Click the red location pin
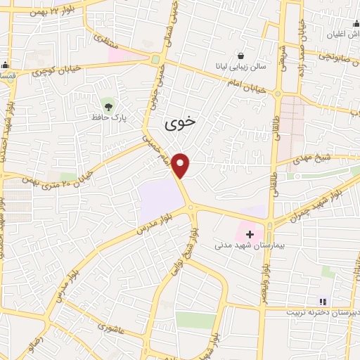[x=181, y=165]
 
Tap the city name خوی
[x=181, y=123]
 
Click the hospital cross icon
[x=250, y=233]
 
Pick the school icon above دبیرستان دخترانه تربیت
[x=323, y=301]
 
